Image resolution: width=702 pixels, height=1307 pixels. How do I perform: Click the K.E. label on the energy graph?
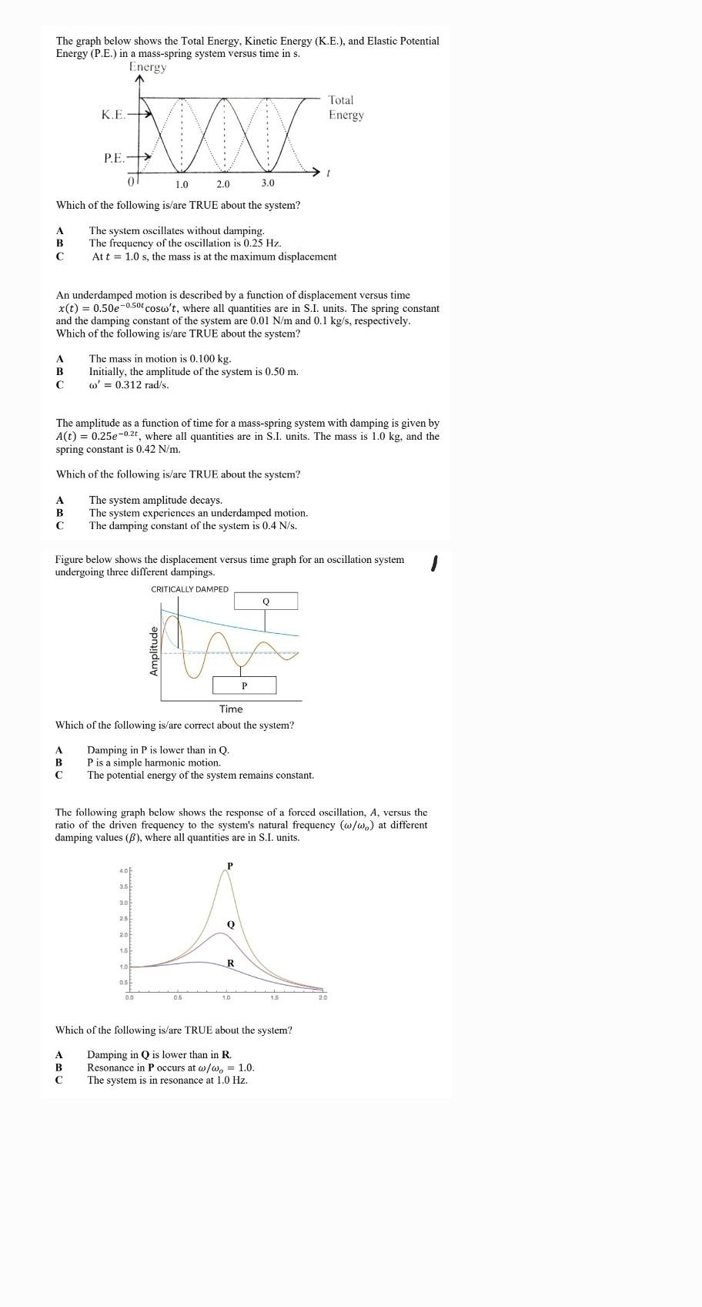[113, 115]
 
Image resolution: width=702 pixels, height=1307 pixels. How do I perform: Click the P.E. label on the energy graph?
[114, 158]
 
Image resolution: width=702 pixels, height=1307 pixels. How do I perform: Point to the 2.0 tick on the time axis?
[222, 184]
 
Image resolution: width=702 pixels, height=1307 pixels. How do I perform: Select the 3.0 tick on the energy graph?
[267, 183]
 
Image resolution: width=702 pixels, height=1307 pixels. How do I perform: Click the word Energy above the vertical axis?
[148, 67]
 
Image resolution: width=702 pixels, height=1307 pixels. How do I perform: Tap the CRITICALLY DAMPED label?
[189, 589]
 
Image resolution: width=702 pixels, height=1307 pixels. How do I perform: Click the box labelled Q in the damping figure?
[266, 601]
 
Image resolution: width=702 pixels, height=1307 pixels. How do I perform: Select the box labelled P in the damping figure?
[244, 685]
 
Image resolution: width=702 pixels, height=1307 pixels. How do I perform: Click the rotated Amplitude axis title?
[153, 652]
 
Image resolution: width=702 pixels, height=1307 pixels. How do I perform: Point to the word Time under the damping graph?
[230, 709]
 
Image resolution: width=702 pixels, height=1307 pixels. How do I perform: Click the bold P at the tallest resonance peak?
[229, 866]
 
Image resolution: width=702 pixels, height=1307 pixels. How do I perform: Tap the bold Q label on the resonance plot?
[230, 923]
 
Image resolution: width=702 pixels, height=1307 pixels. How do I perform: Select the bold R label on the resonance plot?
[230, 963]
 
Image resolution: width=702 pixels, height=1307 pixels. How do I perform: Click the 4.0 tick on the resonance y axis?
[123, 870]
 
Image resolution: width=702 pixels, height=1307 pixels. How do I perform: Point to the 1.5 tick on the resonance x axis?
[274, 998]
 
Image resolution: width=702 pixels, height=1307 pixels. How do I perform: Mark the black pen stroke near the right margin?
[434, 564]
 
